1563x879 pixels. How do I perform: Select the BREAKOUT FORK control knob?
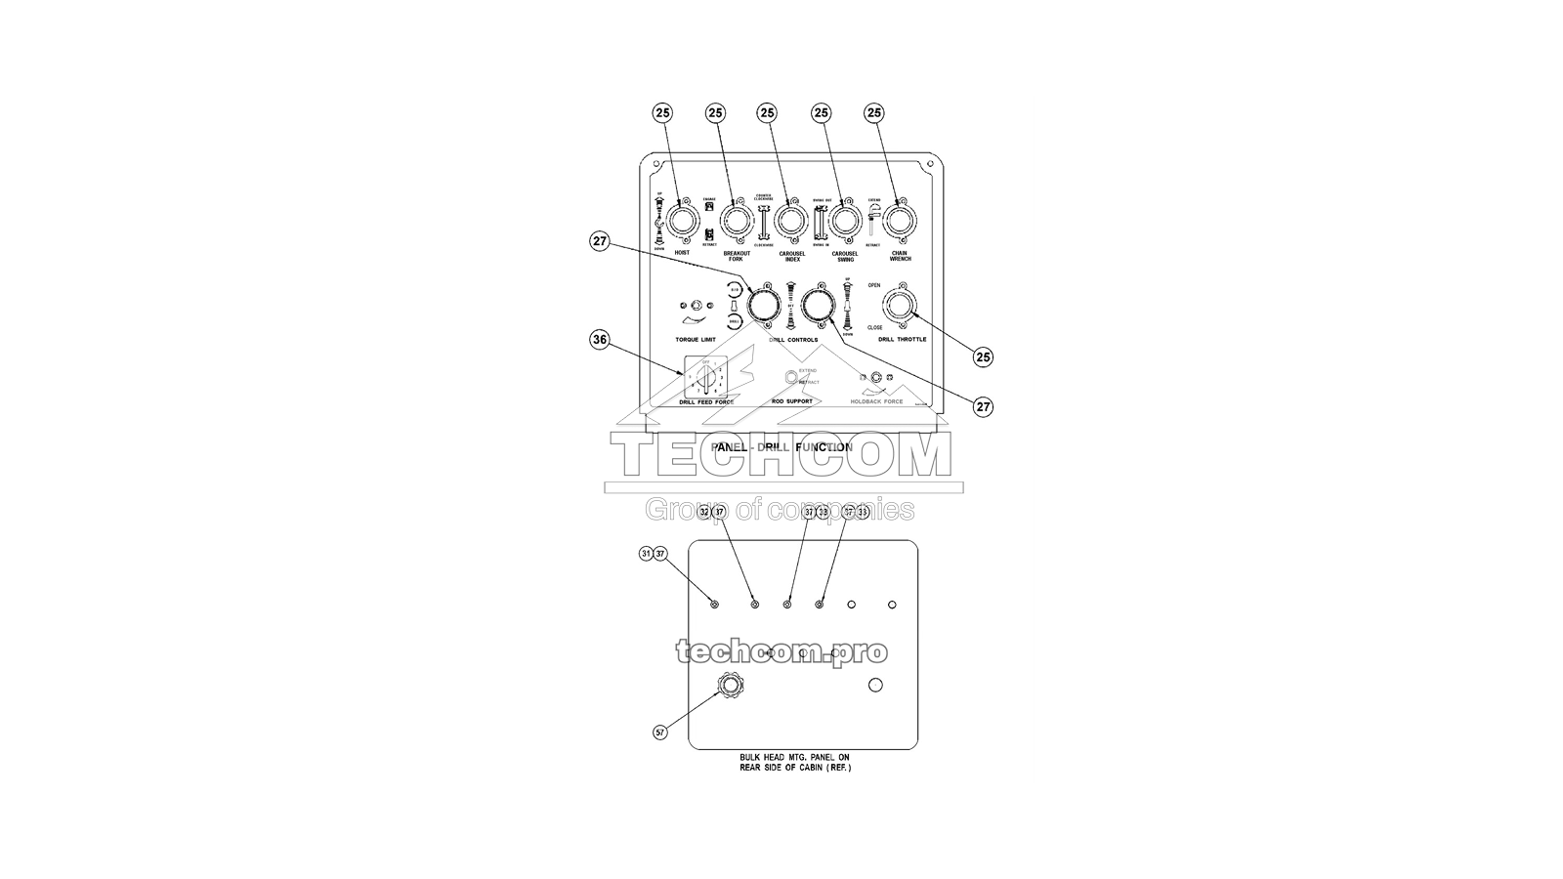[736, 221]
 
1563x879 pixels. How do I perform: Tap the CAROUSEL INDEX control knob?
[789, 221]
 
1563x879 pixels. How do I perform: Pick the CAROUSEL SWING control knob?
[843, 221]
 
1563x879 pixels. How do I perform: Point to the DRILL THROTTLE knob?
[899, 307]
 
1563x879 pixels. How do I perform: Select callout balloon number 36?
[600, 340]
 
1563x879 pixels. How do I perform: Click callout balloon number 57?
[660, 732]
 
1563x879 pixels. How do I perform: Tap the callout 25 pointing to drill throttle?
[983, 356]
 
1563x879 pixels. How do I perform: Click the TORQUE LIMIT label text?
[696, 340]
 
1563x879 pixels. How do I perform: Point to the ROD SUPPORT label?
[792, 401]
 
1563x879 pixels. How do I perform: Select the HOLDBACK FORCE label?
[876, 401]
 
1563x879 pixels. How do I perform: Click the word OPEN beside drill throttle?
[874, 286]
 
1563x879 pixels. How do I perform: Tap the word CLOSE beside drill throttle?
[875, 328]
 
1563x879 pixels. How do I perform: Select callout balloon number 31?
[646, 554]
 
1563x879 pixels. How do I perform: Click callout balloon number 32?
[705, 512]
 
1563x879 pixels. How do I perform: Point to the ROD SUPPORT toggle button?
[791, 377]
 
